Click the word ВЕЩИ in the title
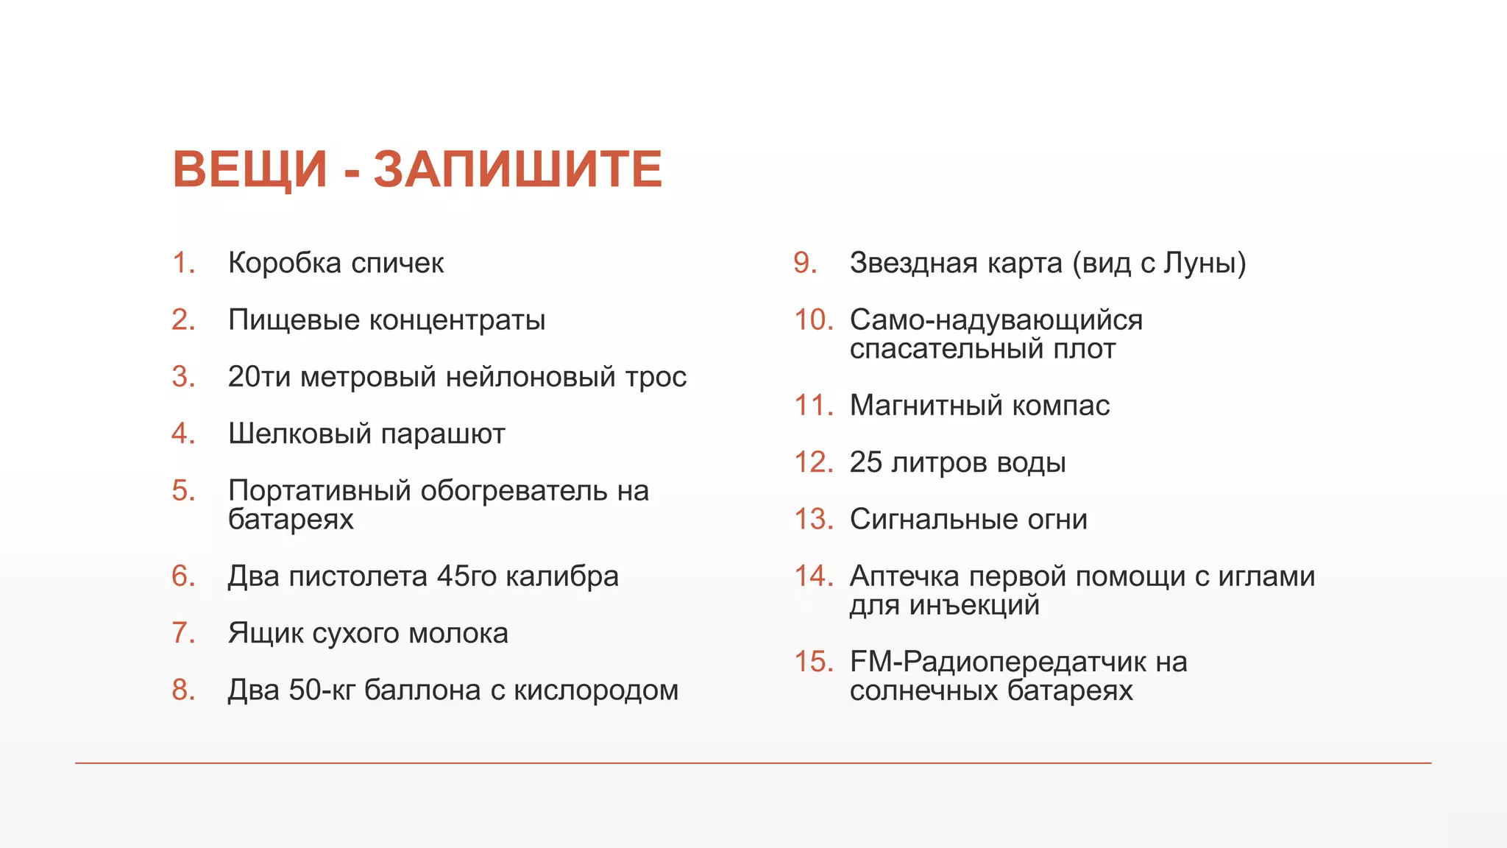pyautogui.click(x=249, y=169)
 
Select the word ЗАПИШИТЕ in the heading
pyautogui.click(x=518, y=169)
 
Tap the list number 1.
pyautogui.click(x=183, y=263)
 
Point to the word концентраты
pyautogui.click(x=456, y=320)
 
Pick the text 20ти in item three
pyautogui.click(x=260, y=377)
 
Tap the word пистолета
pyautogui.click(x=358, y=576)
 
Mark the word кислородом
pyautogui.click(x=595, y=690)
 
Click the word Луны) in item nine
pyautogui.click(x=1205, y=263)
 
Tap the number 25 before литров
pyautogui.click(x=865, y=462)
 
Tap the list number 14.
pyautogui.click(x=813, y=576)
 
